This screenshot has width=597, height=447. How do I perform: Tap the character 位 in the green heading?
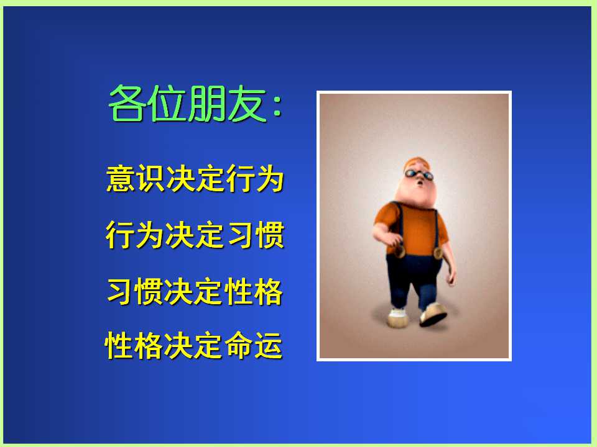click(x=167, y=103)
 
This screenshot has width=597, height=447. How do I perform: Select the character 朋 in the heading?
click(x=206, y=103)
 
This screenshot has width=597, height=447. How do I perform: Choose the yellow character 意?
click(x=120, y=178)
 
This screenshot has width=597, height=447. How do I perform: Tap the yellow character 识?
click(x=150, y=178)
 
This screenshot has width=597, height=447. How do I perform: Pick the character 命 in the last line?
click(x=239, y=345)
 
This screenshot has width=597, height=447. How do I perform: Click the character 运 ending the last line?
click(x=269, y=345)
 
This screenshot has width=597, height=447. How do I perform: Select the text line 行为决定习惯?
click(x=195, y=235)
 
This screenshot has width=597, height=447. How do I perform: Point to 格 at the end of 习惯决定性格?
click(x=269, y=291)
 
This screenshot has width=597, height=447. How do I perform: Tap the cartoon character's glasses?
click(x=419, y=175)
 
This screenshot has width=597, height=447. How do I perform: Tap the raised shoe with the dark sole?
click(x=433, y=314)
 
